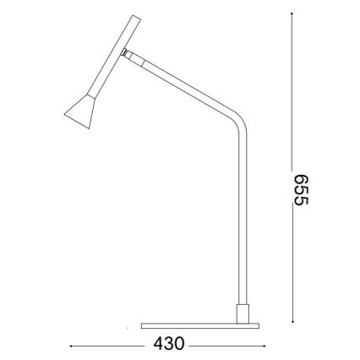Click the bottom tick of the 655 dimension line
pos(292,321)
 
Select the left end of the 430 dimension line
pos(71,346)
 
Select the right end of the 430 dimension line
pos(262,346)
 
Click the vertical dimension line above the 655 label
pos(292,93)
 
